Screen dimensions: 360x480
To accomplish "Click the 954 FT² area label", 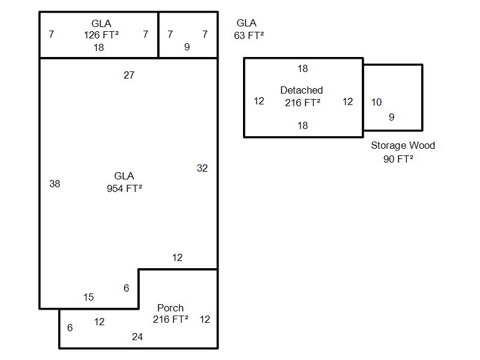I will click(124, 188).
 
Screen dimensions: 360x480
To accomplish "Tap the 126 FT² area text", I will click(101, 35).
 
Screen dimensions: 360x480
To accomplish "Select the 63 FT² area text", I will click(248, 35).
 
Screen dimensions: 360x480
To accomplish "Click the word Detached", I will click(301, 90).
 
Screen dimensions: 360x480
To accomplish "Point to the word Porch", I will click(170, 308).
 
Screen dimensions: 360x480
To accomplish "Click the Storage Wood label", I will click(403, 145).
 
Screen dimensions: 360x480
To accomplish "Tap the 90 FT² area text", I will click(398, 159).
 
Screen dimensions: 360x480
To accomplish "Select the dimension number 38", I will click(55, 184).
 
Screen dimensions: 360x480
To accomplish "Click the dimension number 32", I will click(202, 169).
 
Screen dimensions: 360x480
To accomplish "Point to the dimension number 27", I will click(129, 76).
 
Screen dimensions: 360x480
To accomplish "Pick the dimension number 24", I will click(137, 337).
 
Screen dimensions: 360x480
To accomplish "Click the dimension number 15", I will click(89, 298).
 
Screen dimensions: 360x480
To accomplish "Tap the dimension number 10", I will click(376, 103).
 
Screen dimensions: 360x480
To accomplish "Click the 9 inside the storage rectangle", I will click(392, 118).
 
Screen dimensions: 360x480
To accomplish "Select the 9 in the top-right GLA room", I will click(187, 47).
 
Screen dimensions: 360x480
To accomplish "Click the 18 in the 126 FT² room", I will click(98, 47).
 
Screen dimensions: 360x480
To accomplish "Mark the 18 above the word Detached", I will click(302, 69).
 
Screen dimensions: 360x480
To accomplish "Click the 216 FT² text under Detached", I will click(302, 103).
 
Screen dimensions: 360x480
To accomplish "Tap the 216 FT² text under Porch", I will click(170, 319).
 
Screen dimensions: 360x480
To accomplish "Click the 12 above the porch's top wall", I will click(177, 258).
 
